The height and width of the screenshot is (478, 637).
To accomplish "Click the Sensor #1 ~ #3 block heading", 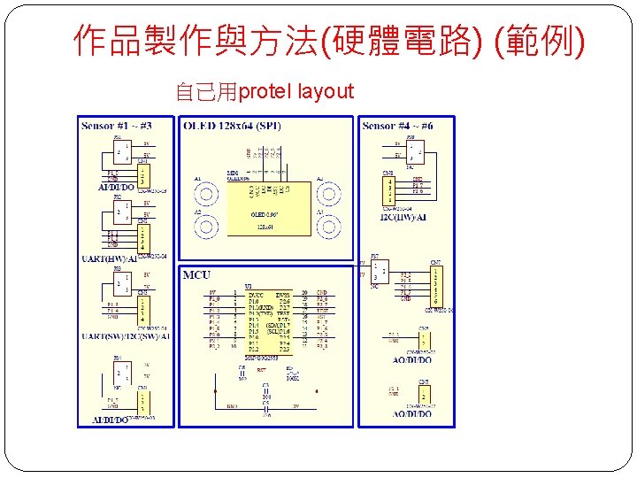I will click(116, 126).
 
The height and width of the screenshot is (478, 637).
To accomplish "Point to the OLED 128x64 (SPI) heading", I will click(233, 126).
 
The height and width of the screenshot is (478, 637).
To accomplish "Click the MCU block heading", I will click(196, 275).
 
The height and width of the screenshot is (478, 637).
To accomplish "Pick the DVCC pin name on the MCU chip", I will click(256, 293).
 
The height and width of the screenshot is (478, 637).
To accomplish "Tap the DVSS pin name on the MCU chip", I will click(283, 293).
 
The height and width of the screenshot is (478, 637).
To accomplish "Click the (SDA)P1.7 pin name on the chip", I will click(277, 325).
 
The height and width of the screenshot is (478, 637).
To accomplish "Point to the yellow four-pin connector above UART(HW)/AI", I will click(142, 236).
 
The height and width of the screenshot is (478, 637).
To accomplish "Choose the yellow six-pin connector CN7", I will click(435, 285).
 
